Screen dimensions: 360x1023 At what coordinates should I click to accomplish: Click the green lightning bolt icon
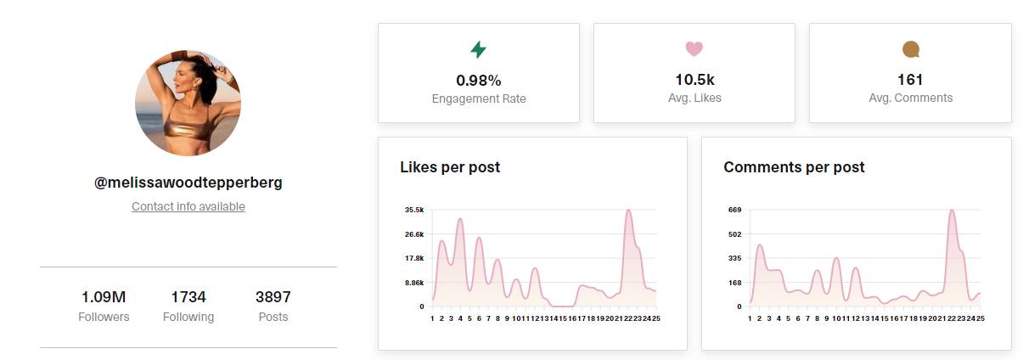click(478, 50)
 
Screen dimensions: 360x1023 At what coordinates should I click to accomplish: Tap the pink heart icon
click(694, 50)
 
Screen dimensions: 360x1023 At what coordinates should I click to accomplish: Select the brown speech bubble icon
click(910, 50)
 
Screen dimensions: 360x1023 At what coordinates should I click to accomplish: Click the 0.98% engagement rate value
click(478, 80)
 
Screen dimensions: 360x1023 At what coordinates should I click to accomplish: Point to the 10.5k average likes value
click(694, 80)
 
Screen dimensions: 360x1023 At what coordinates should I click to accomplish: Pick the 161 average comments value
click(910, 80)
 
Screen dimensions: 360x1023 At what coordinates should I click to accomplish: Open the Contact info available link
click(188, 206)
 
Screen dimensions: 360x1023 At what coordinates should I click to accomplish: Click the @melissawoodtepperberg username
click(188, 183)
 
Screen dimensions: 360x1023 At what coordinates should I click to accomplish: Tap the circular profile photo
click(188, 104)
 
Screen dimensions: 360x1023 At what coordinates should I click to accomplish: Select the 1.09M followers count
click(104, 297)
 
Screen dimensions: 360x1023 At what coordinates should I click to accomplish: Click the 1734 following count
click(188, 297)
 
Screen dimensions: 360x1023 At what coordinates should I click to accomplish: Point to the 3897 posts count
click(273, 297)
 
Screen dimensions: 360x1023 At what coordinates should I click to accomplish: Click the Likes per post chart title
click(450, 167)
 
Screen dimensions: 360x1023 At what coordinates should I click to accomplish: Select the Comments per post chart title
click(794, 167)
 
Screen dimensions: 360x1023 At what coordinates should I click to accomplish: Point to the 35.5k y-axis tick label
click(413, 210)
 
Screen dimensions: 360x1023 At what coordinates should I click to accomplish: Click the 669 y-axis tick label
click(734, 210)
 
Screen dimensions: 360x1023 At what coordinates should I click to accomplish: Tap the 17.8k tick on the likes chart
click(413, 258)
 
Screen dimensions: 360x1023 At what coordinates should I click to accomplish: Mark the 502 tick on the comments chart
click(734, 234)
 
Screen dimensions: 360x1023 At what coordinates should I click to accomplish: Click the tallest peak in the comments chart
click(952, 211)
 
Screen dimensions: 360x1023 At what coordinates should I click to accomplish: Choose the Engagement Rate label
click(478, 98)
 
